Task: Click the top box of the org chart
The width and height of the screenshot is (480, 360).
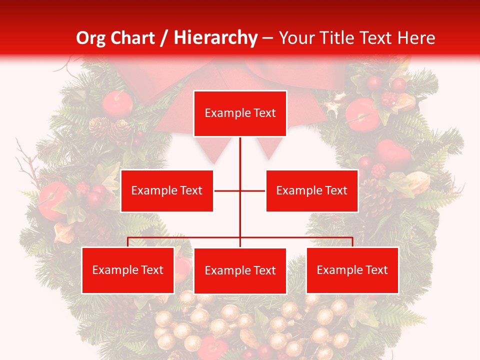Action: point(240,113)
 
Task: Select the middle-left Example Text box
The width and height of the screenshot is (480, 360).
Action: point(167,190)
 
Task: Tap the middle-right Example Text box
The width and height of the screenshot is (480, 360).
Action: point(311,190)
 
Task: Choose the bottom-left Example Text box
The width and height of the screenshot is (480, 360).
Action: point(128,270)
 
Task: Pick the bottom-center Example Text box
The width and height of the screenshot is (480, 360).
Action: point(240,271)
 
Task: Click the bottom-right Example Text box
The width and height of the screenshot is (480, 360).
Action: point(352,270)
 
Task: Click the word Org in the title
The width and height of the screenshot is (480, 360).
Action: point(89,38)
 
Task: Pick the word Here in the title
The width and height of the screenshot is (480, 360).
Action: point(416,38)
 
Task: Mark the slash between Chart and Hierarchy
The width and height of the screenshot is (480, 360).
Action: point(165,38)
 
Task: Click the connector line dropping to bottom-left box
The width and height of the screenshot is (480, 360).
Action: point(128,242)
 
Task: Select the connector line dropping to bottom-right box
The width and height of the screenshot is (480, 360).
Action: point(352,242)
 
